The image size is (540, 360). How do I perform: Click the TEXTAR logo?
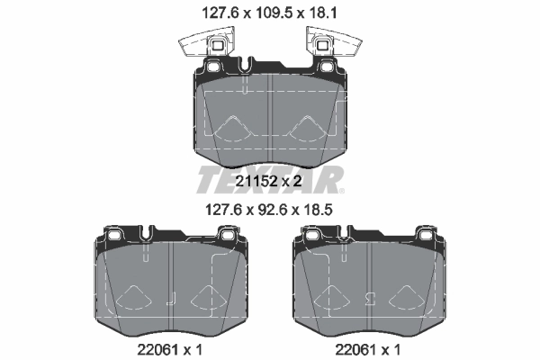click(x=270, y=178)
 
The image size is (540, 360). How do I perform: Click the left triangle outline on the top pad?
click(x=232, y=130)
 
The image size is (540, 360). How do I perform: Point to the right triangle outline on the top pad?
click(x=306, y=130)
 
